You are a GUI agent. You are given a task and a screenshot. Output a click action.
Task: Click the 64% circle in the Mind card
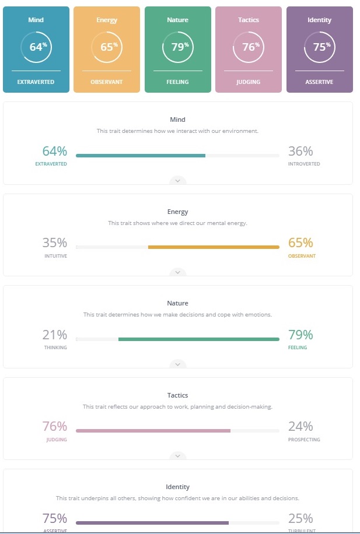pyautogui.click(x=36, y=47)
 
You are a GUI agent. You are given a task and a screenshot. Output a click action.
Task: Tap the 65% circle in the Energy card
pyautogui.click(x=107, y=47)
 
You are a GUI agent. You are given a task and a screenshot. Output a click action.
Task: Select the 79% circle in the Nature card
pyautogui.click(x=177, y=47)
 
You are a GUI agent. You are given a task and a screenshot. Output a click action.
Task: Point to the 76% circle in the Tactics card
pyautogui.click(x=249, y=47)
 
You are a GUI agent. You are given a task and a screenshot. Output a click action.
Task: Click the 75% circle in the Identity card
pyautogui.click(x=319, y=47)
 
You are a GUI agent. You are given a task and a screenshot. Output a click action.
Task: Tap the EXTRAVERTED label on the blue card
pyautogui.click(x=36, y=82)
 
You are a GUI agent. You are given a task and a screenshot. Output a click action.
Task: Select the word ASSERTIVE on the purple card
pyautogui.click(x=319, y=82)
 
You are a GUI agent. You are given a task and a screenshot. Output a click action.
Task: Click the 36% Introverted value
pyautogui.click(x=300, y=152)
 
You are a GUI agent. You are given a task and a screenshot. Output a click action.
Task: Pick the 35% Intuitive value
pyautogui.click(x=54, y=243)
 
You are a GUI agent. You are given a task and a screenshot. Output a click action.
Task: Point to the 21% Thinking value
pyautogui.click(x=54, y=335)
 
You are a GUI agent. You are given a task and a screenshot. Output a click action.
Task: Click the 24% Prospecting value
pyautogui.click(x=300, y=427)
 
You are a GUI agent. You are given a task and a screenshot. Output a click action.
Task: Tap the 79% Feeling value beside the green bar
pyautogui.click(x=300, y=335)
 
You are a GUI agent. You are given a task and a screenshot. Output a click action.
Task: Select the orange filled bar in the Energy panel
pyautogui.click(x=214, y=247)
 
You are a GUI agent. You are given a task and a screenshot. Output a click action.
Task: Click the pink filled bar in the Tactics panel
pyautogui.click(x=153, y=431)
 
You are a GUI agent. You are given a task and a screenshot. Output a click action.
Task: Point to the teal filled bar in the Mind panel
pyautogui.click(x=141, y=156)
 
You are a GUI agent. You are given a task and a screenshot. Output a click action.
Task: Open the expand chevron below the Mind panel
pyautogui.click(x=178, y=181)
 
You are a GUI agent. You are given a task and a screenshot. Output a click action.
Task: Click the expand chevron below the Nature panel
pyautogui.click(x=178, y=364)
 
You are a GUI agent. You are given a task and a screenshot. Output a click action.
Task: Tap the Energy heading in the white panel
pyautogui.click(x=178, y=212)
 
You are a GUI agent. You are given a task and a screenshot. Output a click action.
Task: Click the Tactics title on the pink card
pyautogui.click(x=249, y=20)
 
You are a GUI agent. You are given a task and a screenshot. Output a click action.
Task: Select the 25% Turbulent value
pyautogui.click(x=300, y=518)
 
